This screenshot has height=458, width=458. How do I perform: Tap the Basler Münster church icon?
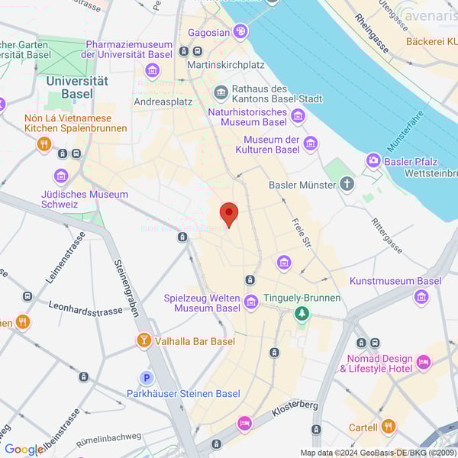[x=347, y=185]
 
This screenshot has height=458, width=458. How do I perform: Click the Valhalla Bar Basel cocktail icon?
[x=143, y=340]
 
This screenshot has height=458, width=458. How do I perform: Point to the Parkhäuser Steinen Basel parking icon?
[x=146, y=378]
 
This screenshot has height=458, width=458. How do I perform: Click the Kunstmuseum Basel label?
[x=395, y=281]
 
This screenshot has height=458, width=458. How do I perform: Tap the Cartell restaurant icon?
[x=389, y=427]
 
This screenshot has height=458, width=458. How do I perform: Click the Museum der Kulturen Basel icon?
[x=311, y=144]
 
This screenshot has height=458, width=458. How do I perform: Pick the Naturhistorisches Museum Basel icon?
[x=298, y=117]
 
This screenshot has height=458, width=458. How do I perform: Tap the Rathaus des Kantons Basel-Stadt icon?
[x=221, y=92]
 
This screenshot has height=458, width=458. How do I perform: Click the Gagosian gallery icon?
[x=241, y=31]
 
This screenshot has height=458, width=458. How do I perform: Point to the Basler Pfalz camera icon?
[x=373, y=160]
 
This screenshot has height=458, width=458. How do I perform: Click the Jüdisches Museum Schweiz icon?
[x=61, y=176]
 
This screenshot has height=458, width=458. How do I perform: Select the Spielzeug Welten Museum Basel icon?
[x=251, y=303]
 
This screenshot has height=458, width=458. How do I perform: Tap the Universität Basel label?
[x=77, y=87]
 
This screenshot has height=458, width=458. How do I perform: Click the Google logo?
[x=23, y=450]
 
